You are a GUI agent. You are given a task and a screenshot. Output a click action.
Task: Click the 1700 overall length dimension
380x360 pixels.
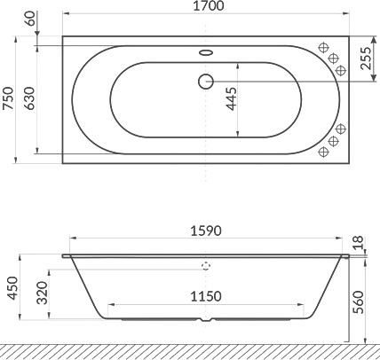tap(206, 8)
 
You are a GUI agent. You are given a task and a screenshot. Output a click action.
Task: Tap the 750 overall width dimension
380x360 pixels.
tap(8, 98)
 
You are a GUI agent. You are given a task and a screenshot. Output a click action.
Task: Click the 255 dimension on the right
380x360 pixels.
tap(366, 59)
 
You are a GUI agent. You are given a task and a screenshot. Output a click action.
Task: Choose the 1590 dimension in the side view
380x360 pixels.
tap(206, 231)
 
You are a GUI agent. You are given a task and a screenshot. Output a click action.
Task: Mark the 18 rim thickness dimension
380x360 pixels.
tap(358, 242)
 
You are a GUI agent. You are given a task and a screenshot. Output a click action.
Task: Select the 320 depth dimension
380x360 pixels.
tap(43, 293)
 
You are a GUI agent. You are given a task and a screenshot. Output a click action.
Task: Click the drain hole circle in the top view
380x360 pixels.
tap(205, 81)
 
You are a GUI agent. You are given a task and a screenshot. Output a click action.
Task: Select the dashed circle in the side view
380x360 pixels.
tap(206, 264)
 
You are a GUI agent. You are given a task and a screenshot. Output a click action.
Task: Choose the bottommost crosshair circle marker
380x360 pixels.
tap(326, 152)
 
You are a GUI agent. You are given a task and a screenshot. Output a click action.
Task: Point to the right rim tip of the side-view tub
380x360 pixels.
tap(347, 255)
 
